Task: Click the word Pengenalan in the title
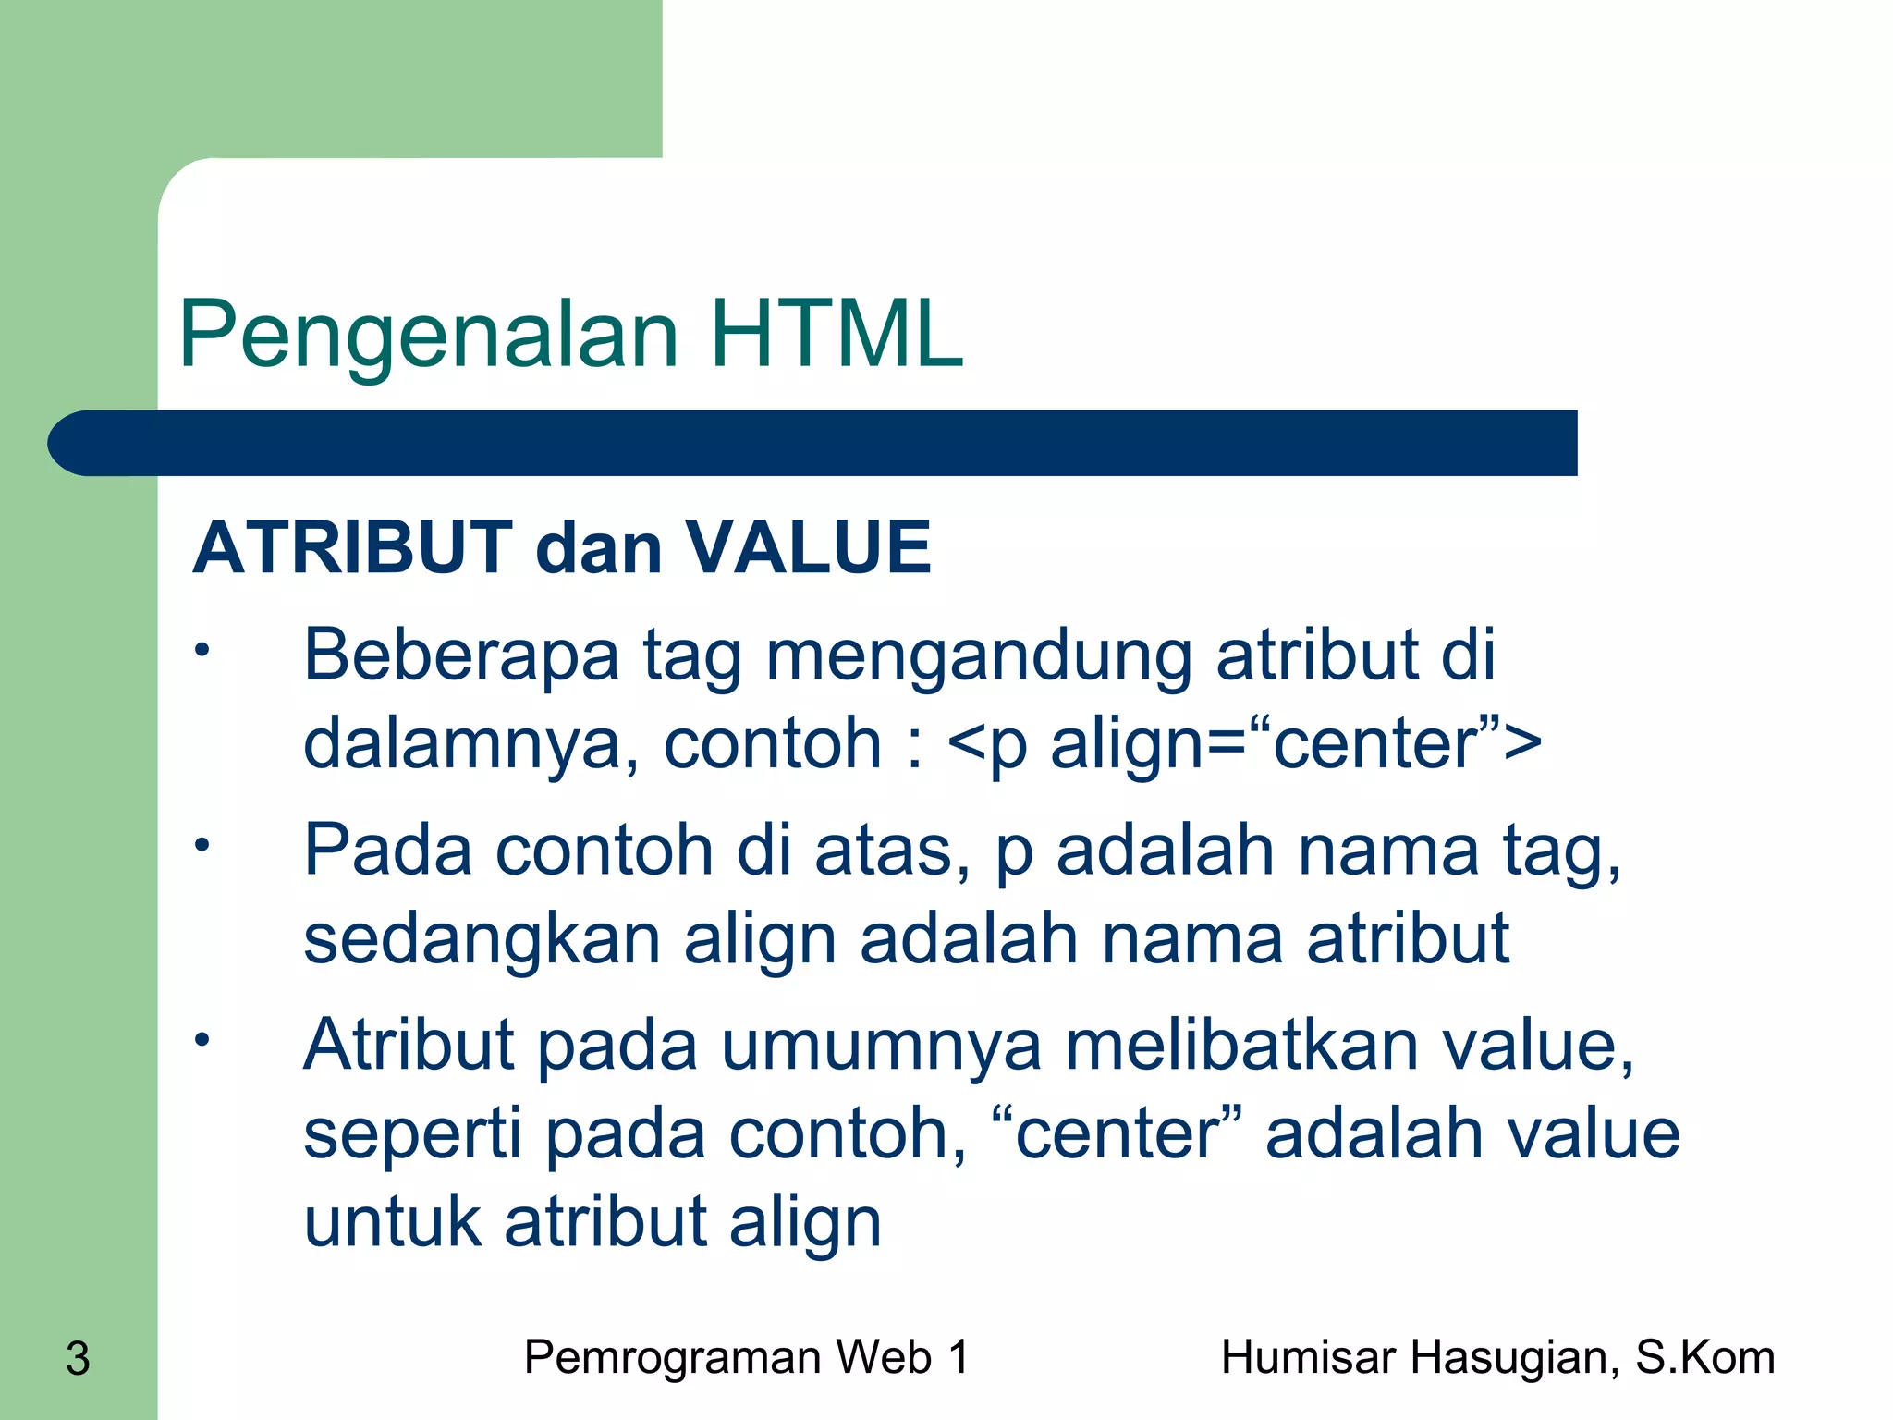click(429, 335)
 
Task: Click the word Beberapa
click(461, 655)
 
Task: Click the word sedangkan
click(482, 938)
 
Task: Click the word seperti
click(412, 1134)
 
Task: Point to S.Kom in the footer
click(1704, 1358)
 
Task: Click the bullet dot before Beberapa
click(202, 651)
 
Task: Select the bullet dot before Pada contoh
click(202, 845)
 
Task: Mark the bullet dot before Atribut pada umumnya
click(202, 1040)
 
